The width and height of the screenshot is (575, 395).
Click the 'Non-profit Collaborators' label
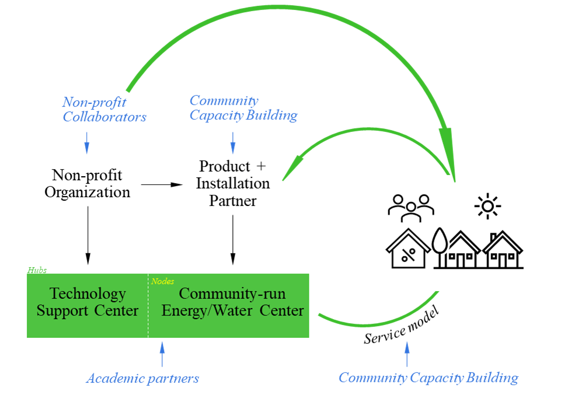click(104, 109)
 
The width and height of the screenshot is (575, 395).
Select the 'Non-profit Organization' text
click(88, 183)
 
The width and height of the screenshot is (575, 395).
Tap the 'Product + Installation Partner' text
click(232, 183)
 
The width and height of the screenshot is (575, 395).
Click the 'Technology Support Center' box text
click(88, 302)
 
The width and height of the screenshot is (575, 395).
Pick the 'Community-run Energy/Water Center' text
click(232, 302)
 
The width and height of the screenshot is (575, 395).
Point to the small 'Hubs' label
click(37, 270)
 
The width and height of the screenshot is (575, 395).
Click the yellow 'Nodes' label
click(162, 281)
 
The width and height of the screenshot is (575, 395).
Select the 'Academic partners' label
click(142, 378)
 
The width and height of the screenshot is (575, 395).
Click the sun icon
click(487, 207)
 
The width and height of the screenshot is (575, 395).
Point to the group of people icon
click(412, 207)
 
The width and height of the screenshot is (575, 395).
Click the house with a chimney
click(503, 250)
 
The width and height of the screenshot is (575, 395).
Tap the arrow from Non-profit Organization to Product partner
click(162, 184)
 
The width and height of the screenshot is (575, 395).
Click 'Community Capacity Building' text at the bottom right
click(428, 377)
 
